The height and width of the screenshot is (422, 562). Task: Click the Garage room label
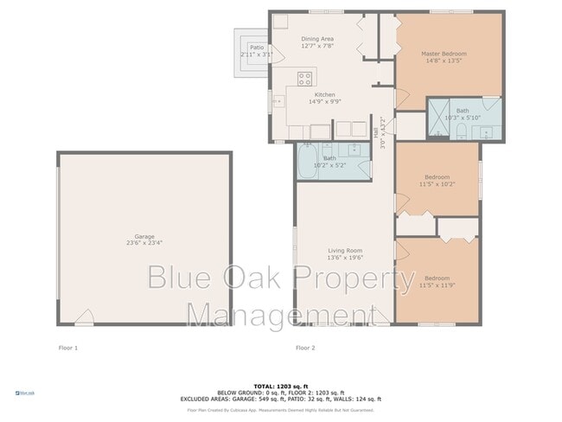click(x=144, y=236)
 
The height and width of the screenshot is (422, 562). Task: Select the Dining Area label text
click(x=317, y=39)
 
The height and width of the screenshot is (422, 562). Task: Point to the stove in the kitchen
click(x=304, y=80)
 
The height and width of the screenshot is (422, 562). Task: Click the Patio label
click(x=256, y=48)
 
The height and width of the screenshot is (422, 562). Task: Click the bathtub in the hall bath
click(x=309, y=162)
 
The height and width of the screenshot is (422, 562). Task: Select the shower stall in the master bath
click(x=439, y=119)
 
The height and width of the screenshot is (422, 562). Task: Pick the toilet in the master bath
click(x=463, y=131)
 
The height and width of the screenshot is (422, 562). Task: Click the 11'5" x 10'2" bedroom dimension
click(x=437, y=184)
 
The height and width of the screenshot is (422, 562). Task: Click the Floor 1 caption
click(x=67, y=348)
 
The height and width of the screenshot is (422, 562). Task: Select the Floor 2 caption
click(x=305, y=348)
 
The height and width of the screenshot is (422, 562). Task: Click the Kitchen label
click(x=324, y=94)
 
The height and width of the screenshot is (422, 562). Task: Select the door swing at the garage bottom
click(x=85, y=317)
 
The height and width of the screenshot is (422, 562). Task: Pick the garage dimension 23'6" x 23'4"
click(x=144, y=243)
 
